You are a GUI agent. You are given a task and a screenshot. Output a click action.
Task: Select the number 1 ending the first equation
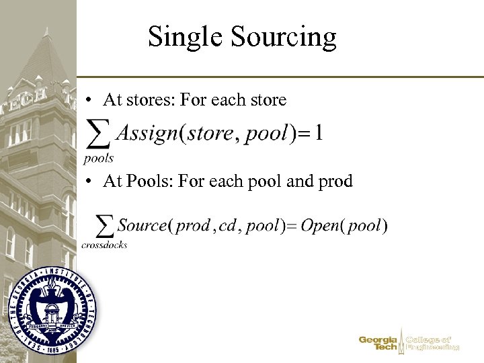317,133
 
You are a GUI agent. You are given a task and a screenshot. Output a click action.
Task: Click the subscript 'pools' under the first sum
99,159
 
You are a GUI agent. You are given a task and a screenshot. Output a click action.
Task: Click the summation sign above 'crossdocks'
105,227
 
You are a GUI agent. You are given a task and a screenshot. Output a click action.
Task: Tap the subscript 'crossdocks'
105,245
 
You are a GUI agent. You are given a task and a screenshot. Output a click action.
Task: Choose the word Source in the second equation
142,225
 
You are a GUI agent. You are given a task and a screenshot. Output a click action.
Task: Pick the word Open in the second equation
319,225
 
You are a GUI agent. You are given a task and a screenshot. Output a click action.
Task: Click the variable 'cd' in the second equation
228,225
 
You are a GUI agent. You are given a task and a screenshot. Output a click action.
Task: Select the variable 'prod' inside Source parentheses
192,226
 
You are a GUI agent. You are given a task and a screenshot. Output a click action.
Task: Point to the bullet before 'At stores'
89,101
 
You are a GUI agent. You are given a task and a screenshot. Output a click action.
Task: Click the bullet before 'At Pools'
89,182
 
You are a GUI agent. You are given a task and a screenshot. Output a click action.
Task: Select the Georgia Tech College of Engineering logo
409,344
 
